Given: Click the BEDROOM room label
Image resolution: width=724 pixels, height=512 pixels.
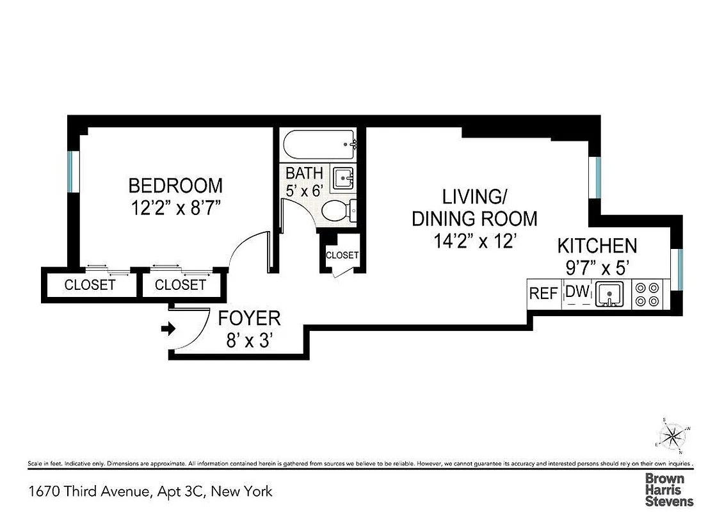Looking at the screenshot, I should coord(175,186).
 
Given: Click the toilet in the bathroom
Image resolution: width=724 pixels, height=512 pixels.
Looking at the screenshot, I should coord(335,211).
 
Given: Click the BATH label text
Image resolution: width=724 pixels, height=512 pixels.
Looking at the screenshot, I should coord(304,173).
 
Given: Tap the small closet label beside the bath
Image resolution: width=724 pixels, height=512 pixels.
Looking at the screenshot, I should coord(342,255).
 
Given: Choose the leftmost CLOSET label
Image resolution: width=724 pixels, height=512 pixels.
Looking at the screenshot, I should coord(90,285).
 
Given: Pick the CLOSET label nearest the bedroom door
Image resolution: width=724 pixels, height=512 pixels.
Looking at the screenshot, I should coord(181,285).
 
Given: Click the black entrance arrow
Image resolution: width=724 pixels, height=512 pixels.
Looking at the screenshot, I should coord(168,329).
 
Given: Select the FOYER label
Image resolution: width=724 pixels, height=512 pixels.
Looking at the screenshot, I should coord(249,318).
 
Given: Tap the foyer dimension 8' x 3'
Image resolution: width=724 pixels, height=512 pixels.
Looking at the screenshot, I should coord(249,340).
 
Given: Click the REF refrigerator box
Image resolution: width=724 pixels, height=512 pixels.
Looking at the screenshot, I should coord(543,294).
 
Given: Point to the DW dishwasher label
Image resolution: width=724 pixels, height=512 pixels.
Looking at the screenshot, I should coord(577,292).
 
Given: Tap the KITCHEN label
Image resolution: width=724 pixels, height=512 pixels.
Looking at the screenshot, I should coord(597,246).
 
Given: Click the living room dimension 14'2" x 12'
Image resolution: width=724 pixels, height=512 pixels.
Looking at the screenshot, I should coord(474,242).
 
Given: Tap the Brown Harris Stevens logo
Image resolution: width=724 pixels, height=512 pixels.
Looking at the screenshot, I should coord(668,490).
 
